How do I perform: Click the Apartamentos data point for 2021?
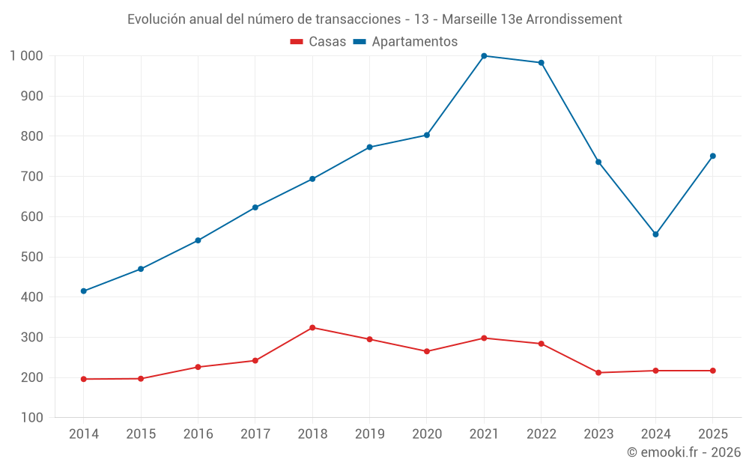484,56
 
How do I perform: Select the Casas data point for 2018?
312,328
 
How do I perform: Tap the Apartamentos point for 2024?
655,234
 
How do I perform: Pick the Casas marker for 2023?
598,372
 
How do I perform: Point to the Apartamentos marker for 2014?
84,291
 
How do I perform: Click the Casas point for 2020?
427,351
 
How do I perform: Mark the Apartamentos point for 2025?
713,156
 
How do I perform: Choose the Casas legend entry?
318,41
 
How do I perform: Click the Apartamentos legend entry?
405,41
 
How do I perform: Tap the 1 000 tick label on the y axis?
27,56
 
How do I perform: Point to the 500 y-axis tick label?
32,257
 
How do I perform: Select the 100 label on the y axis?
32,417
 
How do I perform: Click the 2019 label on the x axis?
370,434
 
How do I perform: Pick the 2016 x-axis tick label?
198,434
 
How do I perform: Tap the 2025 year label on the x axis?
713,434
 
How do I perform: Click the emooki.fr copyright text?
684,452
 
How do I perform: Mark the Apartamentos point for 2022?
542,63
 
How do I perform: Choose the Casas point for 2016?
198,367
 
